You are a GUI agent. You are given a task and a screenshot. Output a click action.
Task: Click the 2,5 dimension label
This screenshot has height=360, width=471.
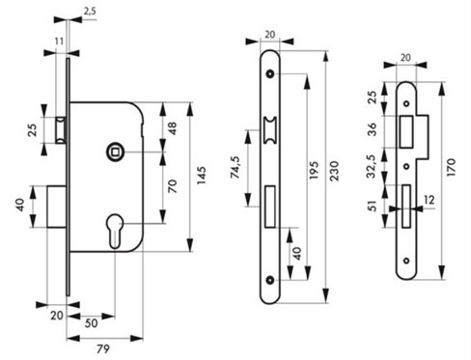pyautogui.click(x=90, y=12)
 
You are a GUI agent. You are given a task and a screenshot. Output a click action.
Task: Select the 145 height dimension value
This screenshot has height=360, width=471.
pyautogui.click(x=202, y=176)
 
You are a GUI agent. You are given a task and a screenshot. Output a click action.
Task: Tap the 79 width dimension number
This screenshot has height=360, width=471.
pyautogui.click(x=103, y=348)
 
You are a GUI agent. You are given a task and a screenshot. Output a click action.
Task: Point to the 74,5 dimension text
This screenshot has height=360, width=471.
pyautogui.click(x=235, y=167)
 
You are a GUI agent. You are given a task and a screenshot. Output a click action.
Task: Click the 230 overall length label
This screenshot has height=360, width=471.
pyautogui.click(x=334, y=171)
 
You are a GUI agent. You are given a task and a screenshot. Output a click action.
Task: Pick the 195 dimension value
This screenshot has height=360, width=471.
pyautogui.click(x=314, y=170)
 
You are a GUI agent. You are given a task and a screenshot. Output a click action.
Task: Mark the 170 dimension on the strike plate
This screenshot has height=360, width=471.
pyautogui.click(x=451, y=167)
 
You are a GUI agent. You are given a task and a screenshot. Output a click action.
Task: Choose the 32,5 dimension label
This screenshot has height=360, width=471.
pyautogui.click(x=372, y=166)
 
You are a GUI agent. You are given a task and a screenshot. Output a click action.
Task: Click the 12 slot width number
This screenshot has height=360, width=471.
pyautogui.click(x=429, y=200)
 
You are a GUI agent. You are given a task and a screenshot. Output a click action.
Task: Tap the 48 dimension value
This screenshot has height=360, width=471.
pyautogui.click(x=173, y=128)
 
